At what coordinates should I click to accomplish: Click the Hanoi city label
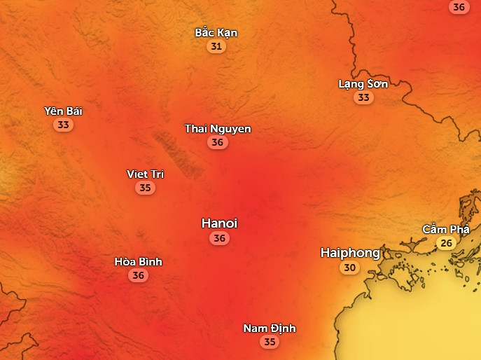(x=219, y=223)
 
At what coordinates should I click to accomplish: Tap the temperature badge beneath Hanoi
(x=220, y=238)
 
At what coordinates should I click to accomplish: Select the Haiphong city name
(x=350, y=253)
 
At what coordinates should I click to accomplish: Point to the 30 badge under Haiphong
(x=349, y=268)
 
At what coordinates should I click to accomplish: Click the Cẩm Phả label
(x=445, y=229)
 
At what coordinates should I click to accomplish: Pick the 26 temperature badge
(x=445, y=244)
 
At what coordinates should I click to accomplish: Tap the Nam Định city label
(x=270, y=328)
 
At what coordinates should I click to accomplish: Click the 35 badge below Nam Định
(x=270, y=342)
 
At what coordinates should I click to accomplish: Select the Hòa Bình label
(x=138, y=261)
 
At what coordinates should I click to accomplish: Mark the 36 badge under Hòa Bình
(x=138, y=276)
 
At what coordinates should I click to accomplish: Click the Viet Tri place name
(x=145, y=174)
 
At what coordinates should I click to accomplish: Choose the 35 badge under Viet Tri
(x=145, y=188)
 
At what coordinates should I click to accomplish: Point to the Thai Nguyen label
(x=218, y=128)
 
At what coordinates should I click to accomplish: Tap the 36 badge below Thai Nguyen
(x=218, y=142)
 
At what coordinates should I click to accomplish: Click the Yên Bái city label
(x=64, y=111)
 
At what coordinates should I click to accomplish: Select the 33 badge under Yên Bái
(x=64, y=125)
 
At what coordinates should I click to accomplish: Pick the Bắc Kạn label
(x=216, y=32)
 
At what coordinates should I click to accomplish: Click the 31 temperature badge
(x=216, y=47)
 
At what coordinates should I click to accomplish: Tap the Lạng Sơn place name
(x=363, y=83)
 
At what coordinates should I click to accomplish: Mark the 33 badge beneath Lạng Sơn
(x=363, y=98)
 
